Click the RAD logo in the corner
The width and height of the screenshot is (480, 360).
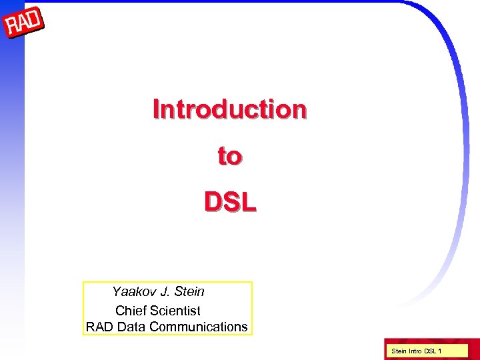pos(24,25)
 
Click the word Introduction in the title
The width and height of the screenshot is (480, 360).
pos(229,109)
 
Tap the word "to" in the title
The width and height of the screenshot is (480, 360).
pos(229,156)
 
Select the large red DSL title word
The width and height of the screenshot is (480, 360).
pos(229,201)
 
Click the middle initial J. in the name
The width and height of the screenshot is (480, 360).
pos(165,292)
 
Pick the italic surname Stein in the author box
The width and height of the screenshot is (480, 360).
pos(191,292)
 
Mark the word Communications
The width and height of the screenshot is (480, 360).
pos(199,327)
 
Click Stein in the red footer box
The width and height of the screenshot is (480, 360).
pos(398,351)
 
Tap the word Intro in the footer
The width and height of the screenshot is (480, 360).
pos(415,351)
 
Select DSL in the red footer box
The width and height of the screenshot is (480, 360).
pos(432,351)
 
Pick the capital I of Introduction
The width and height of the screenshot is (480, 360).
pos(156,109)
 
